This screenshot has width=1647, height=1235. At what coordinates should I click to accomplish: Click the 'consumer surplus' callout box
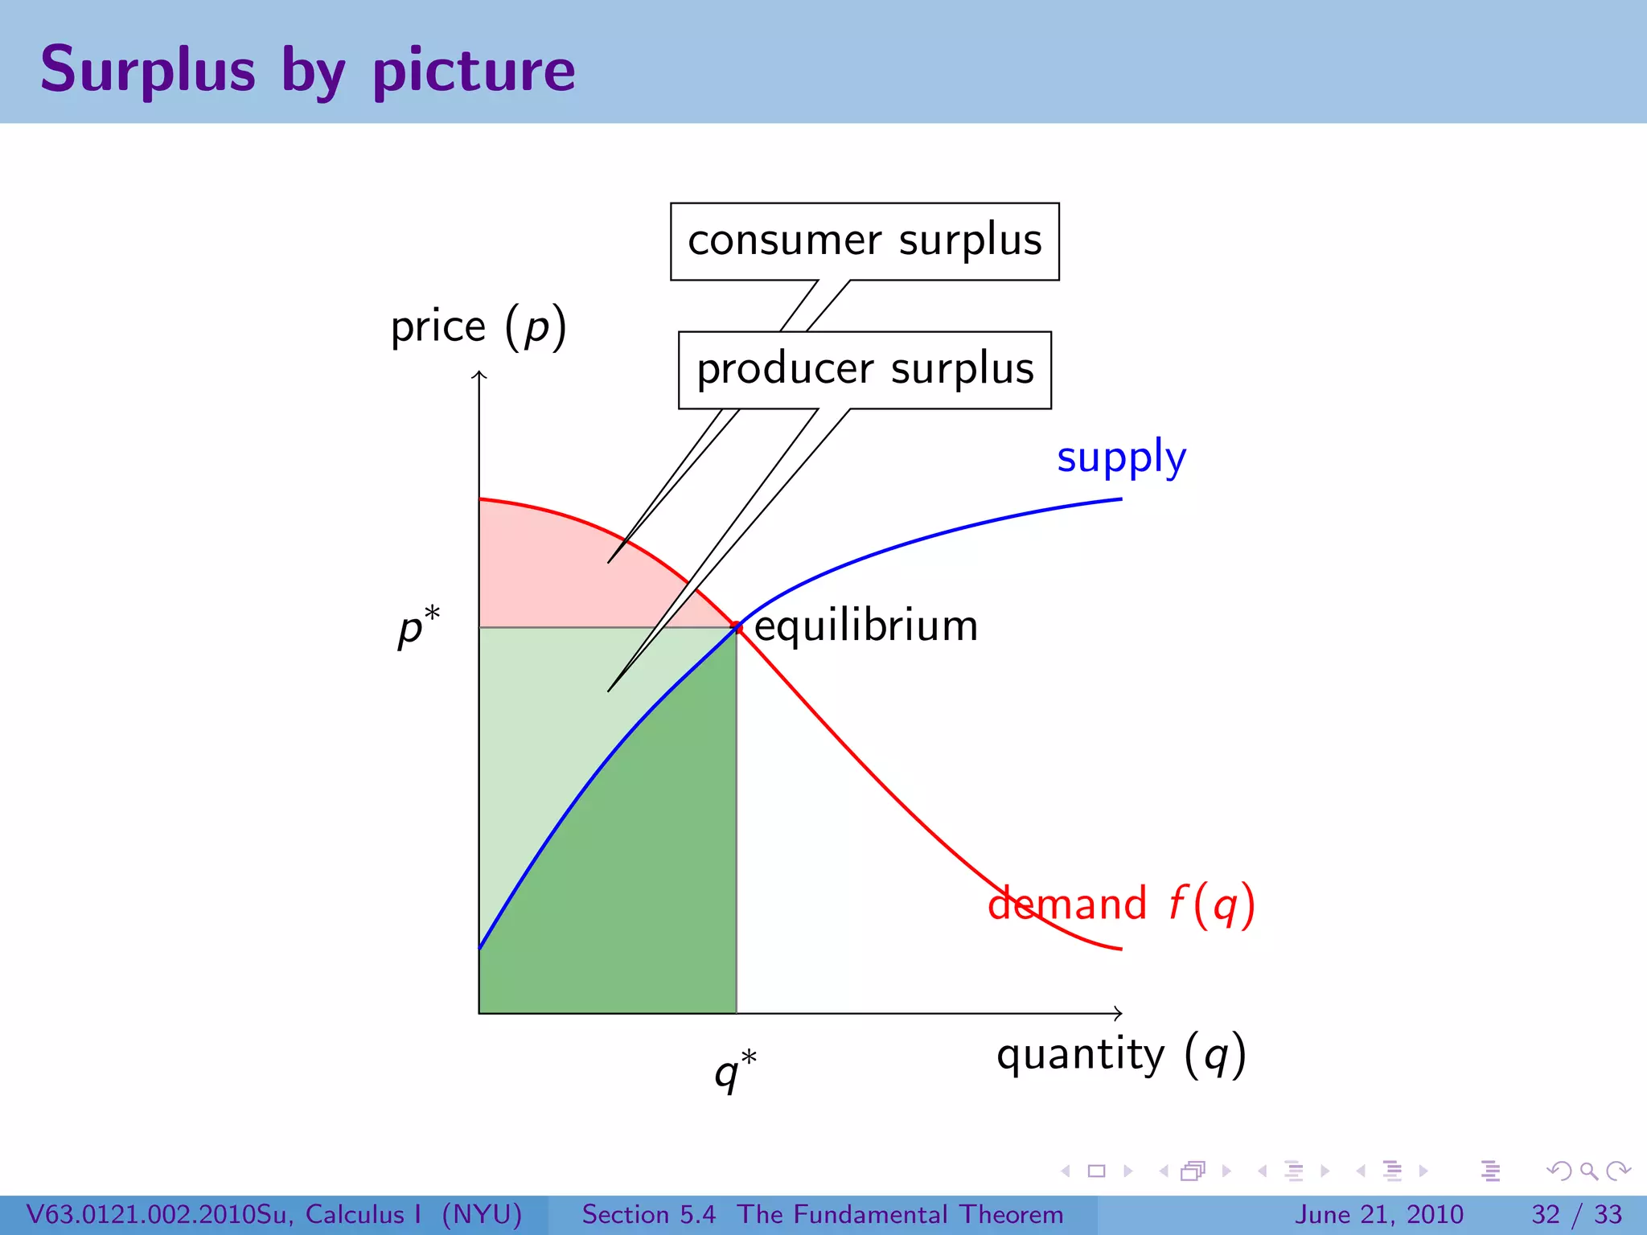tap(865, 241)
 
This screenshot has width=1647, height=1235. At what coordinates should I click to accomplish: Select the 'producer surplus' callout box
tap(865, 370)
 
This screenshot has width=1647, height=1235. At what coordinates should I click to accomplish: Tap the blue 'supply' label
tap(1121, 458)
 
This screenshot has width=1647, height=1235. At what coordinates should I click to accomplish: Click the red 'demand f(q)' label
tap(1121, 904)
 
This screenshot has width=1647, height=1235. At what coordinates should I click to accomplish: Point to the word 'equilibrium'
tap(866, 626)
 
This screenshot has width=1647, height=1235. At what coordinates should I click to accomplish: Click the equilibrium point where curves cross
tap(737, 627)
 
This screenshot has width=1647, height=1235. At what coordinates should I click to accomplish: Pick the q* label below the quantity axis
tap(735, 1069)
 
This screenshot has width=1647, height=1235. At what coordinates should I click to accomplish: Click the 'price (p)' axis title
tap(478, 327)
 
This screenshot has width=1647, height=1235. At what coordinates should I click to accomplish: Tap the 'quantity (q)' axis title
tap(1121, 1055)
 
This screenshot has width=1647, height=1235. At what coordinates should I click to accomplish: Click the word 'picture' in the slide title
tap(474, 71)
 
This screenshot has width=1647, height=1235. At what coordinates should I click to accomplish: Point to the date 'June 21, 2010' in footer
tap(1378, 1214)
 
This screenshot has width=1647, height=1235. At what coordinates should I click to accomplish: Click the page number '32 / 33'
tap(1576, 1214)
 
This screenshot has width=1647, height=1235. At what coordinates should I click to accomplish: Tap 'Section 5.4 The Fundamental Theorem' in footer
tap(822, 1214)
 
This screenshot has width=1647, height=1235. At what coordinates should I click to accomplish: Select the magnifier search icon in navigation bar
tap(1588, 1171)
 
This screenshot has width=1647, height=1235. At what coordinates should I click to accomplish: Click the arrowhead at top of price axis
tap(479, 374)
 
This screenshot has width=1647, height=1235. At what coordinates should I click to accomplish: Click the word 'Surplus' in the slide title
tap(148, 71)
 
